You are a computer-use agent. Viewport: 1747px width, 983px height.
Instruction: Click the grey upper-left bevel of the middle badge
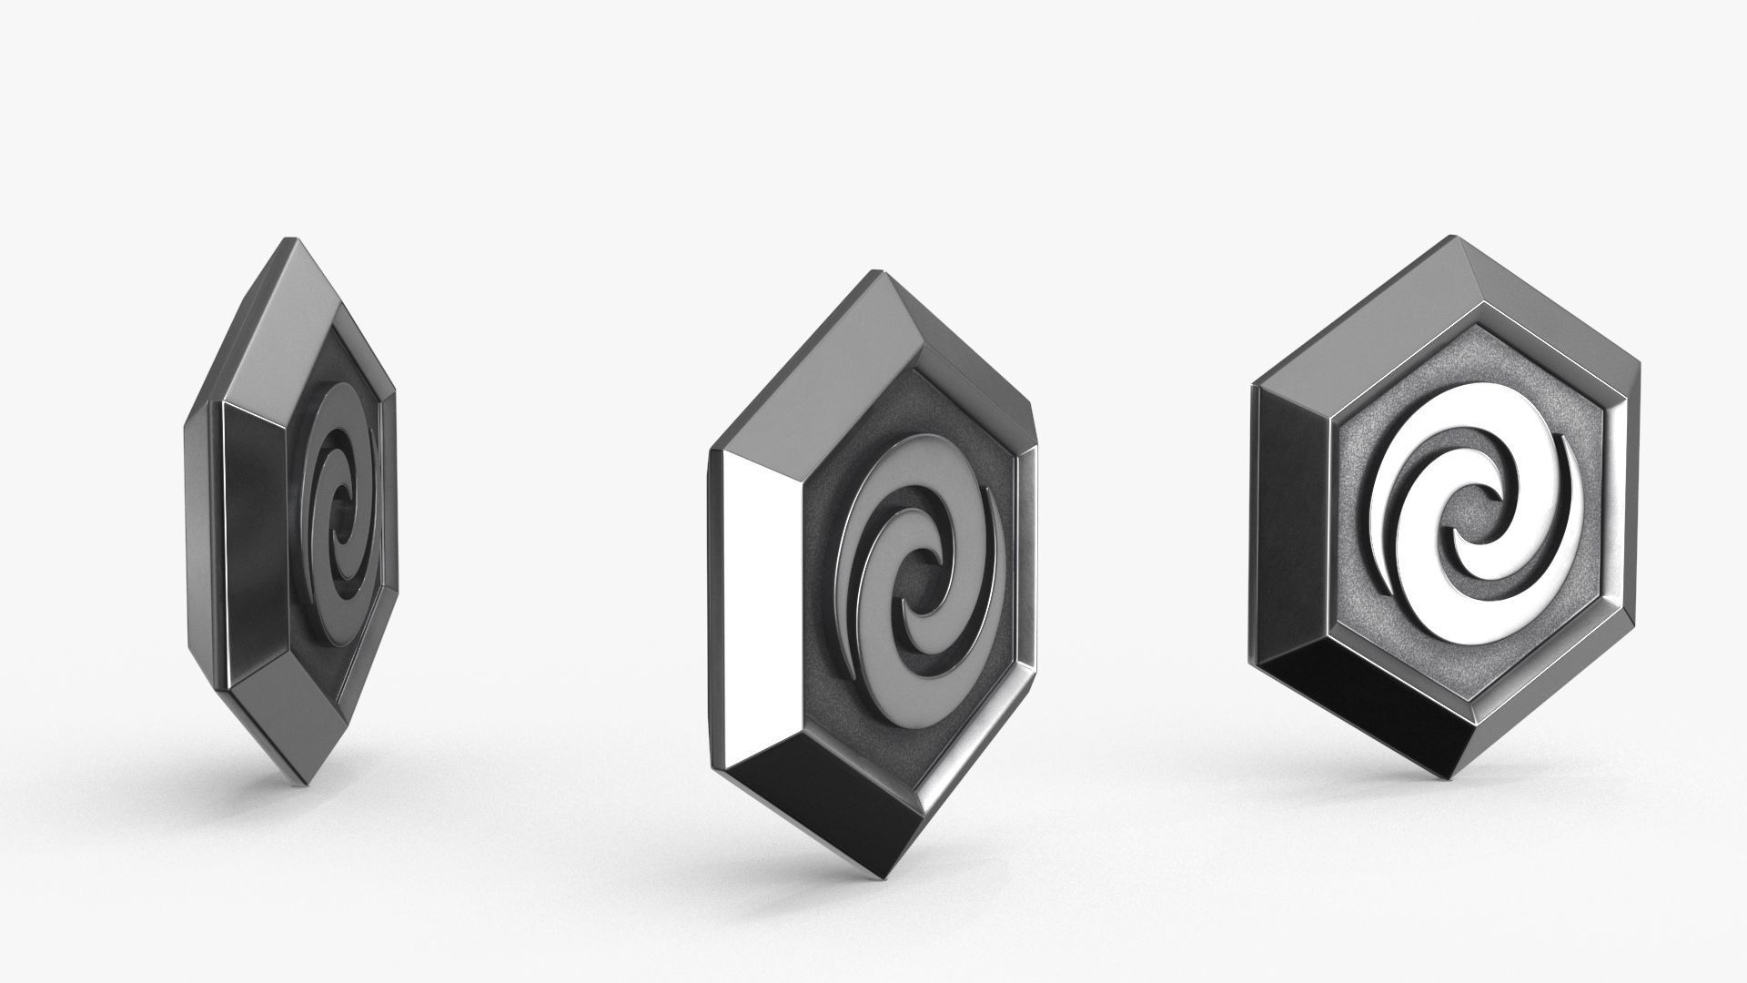819,364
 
